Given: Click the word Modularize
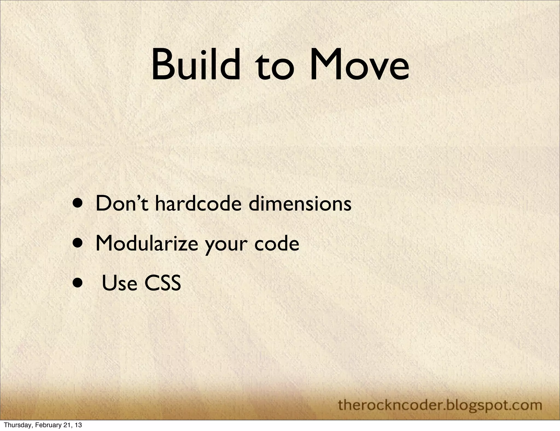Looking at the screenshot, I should click(x=147, y=243).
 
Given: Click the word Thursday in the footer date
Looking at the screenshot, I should click(x=15, y=425).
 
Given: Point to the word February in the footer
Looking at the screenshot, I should click(x=45, y=425).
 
